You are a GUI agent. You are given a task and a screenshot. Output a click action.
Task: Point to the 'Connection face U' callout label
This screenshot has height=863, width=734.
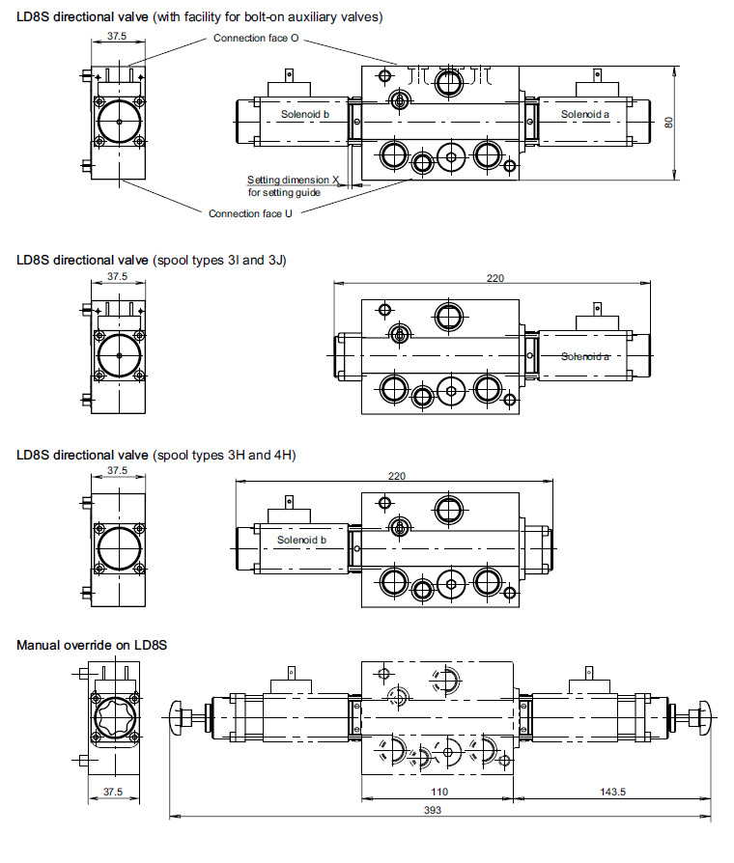250,213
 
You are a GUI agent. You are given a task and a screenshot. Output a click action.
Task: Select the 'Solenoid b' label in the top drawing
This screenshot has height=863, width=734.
305,114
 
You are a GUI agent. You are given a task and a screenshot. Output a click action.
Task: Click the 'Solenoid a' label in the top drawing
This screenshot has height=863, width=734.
585,114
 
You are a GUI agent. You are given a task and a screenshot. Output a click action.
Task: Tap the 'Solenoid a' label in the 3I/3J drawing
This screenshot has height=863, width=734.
585,356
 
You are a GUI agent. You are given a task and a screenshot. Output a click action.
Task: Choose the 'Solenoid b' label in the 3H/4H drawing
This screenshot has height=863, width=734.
301,540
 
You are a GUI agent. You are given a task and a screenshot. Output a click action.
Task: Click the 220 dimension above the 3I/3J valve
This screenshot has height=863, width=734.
495,277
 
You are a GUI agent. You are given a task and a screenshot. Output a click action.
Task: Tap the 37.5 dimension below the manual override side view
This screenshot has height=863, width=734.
113,792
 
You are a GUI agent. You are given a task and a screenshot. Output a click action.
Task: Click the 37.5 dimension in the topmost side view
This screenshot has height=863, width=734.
117,36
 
